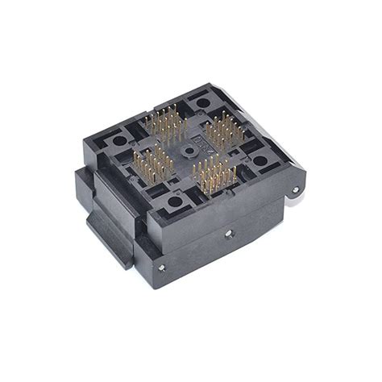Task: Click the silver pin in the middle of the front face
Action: tap(228, 235)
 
